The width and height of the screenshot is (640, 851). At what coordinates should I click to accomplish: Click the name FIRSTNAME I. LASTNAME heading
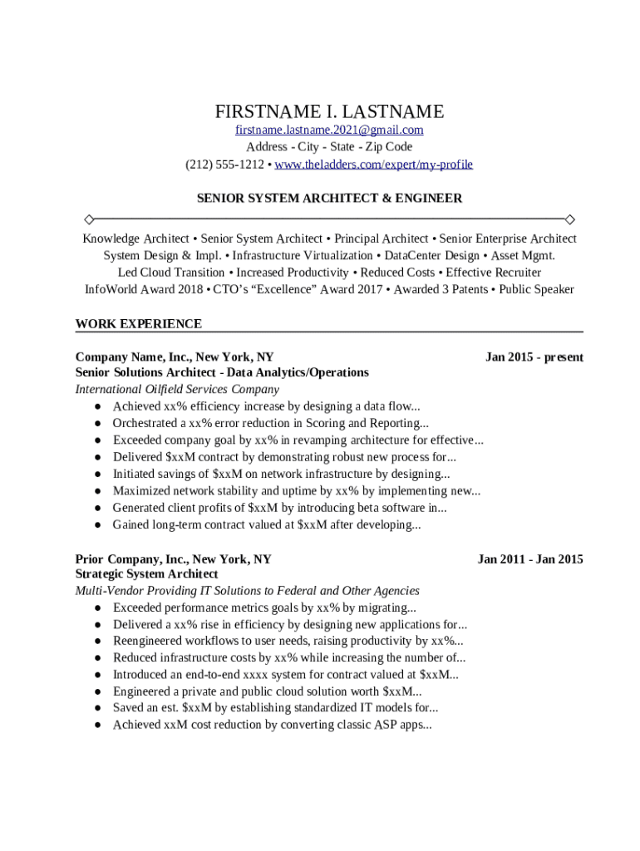click(329, 111)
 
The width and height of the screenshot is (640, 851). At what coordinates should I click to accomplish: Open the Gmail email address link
click(329, 130)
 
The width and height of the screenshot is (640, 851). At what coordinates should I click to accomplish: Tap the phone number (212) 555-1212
click(224, 165)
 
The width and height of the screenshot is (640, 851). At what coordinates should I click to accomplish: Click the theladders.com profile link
click(373, 165)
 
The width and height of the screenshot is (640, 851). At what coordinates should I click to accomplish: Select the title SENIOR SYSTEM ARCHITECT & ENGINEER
click(329, 199)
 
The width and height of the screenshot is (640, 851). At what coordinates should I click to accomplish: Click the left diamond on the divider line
click(89, 219)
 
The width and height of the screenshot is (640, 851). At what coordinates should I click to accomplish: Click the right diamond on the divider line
click(570, 219)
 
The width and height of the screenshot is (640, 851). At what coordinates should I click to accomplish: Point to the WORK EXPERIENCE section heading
click(138, 323)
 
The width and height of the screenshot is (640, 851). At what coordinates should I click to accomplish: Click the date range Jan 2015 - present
click(534, 357)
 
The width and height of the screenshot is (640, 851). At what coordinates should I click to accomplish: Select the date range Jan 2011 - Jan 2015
click(529, 559)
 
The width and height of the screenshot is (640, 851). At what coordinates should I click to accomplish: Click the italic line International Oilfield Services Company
click(177, 389)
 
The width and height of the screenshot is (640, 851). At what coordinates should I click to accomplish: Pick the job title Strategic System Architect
click(146, 574)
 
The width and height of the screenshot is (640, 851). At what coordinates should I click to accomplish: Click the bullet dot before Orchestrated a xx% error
click(97, 424)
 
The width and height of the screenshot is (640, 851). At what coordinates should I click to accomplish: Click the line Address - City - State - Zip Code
click(329, 147)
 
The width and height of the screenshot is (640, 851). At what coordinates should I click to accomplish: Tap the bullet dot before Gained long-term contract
click(97, 525)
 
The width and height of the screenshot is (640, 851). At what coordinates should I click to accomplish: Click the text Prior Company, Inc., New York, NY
click(173, 559)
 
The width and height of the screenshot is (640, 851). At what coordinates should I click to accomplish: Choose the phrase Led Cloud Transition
click(171, 273)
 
